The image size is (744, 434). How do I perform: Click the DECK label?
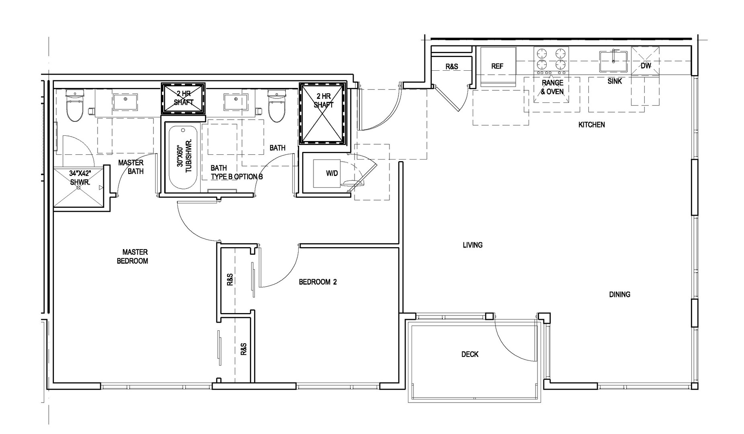(x=470, y=354)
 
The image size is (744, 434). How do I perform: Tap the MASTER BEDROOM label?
(x=133, y=256)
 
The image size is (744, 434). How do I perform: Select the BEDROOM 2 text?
(x=318, y=282)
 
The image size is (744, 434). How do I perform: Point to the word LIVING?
(x=472, y=245)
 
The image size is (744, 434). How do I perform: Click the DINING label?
(x=619, y=295)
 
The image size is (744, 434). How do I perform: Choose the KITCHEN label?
(x=591, y=125)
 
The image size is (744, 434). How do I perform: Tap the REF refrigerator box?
(x=498, y=67)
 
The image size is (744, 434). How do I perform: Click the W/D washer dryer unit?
(x=327, y=174)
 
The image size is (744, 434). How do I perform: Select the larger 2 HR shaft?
(x=322, y=113)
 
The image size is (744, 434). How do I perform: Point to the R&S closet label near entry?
(x=451, y=66)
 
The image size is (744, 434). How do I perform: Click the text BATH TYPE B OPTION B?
(x=237, y=172)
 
